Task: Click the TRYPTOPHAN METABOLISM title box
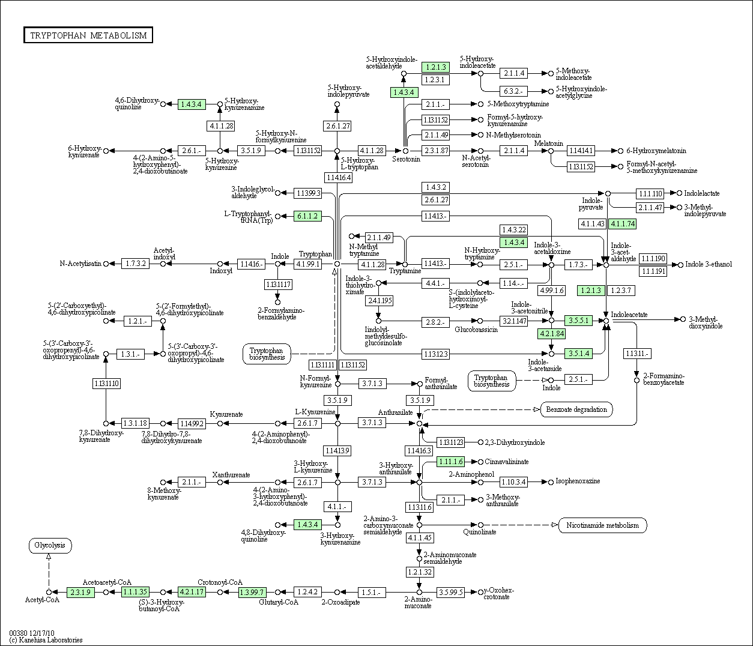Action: pos(88,35)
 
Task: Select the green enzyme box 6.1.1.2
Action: pos(307,216)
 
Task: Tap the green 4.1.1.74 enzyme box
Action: pos(623,223)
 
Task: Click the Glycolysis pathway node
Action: pos(50,546)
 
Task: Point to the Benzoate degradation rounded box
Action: pos(576,409)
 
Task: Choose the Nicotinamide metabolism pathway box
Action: pos(602,525)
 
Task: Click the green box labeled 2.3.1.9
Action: pos(80,592)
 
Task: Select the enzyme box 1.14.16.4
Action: pos(339,177)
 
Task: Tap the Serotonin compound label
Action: pos(406,159)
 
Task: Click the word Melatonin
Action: pos(549,143)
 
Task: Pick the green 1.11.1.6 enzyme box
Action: pos(450,462)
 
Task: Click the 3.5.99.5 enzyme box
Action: pos(450,592)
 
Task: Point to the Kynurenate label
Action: pos(226,414)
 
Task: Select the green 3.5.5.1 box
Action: pos(578,321)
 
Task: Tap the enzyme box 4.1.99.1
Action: pos(308,264)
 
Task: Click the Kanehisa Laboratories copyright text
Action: pos(46,640)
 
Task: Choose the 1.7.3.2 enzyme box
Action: pos(136,264)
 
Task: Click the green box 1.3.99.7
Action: pos(252,592)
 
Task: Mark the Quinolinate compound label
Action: pos(480,532)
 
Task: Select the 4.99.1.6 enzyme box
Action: pos(552,291)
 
